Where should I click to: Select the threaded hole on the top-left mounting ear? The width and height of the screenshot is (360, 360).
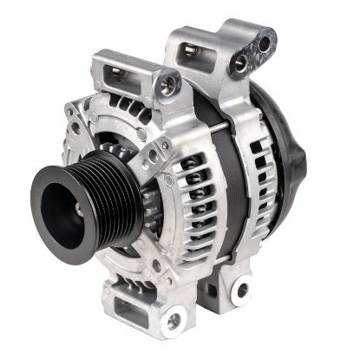pos(167,85)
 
